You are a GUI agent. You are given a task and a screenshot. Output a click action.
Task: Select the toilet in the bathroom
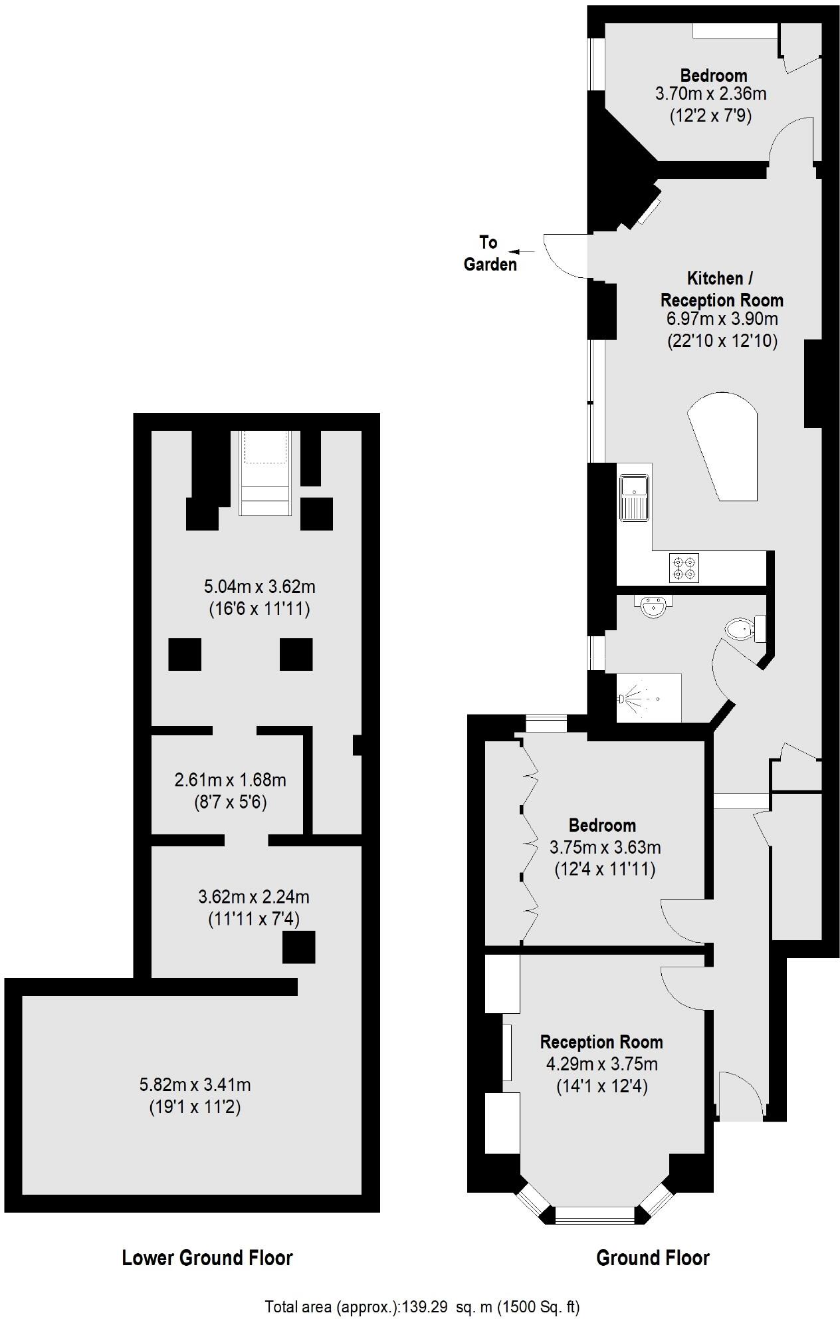coord(741,628)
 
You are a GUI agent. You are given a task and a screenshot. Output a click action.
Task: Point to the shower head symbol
coord(622,699)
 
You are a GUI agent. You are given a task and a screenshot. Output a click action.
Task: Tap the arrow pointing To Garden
coord(523,251)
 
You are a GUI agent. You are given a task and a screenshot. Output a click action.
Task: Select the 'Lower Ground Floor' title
coord(207,1258)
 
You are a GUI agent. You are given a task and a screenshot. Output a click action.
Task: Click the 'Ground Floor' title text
coord(653,1258)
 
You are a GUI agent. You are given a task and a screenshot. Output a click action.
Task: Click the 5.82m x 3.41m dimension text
coord(195,1085)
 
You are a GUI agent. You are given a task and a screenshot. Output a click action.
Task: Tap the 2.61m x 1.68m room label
coord(230,779)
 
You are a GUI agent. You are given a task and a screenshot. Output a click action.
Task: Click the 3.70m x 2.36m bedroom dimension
coord(710,94)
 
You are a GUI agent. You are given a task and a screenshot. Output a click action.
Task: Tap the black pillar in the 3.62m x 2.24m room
coord(298,947)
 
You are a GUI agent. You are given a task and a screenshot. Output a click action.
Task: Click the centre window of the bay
coord(595,1214)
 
